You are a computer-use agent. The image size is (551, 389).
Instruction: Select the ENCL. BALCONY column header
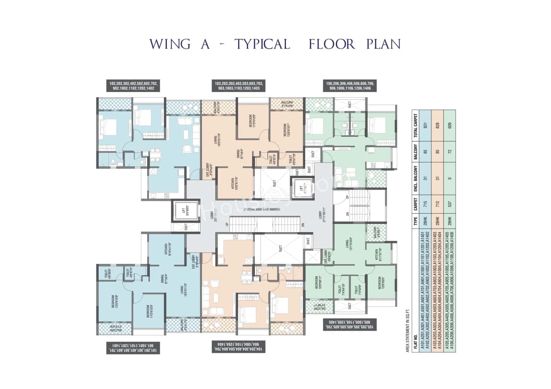tap(416, 179)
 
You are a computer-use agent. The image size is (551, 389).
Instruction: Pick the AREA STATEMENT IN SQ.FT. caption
tap(407, 328)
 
